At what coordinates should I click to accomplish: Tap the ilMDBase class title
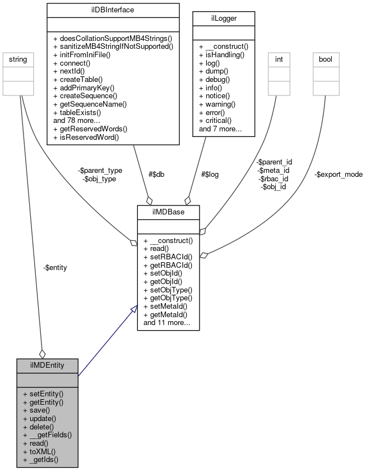pos(168,212)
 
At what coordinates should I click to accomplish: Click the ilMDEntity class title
pos(47,365)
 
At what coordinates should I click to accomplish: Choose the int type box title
pos(277,58)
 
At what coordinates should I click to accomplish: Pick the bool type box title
pos(326,58)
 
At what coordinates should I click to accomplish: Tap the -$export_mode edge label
pos(338,174)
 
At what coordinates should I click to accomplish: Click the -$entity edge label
pos(55,268)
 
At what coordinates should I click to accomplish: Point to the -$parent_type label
pos(100,170)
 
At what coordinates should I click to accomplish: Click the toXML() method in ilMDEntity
pos(40,451)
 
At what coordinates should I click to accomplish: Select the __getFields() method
pos(48,435)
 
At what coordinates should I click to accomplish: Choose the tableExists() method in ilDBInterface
pos(85,112)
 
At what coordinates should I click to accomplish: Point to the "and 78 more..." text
pos(77,120)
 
